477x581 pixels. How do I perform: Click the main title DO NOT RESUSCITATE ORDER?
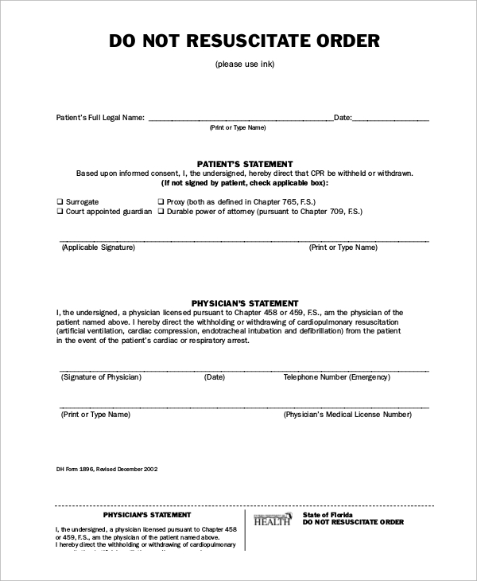(x=244, y=41)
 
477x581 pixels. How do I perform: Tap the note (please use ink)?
(x=244, y=64)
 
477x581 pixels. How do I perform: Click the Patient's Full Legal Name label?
(x=100, y=118)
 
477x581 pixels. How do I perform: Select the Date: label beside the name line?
(x=343, y=118)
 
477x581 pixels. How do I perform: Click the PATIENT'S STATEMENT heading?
(x=244, y=164)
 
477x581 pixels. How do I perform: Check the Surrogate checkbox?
(x=60, y=202)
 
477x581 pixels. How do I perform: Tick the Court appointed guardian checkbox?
(x=60, y=213)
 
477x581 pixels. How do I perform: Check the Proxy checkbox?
(x=161, y=202)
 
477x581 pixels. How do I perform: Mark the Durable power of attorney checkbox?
(x=161, y=213)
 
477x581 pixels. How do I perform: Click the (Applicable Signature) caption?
(x=98, y=248)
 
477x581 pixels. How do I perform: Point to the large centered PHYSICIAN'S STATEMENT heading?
(x=244, y=303)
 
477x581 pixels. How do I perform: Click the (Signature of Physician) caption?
(x=101, y=376)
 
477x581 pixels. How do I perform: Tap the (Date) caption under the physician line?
(x=215, y=376)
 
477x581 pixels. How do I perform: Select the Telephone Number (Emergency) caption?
(x=336, y=376)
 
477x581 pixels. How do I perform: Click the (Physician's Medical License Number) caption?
(x=347, y=415)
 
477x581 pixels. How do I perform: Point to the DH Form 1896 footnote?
(x=107, y=469)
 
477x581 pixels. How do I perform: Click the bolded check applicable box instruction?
(x=244, y=182)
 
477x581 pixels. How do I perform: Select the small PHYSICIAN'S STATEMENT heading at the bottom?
(x=147, y=515)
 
